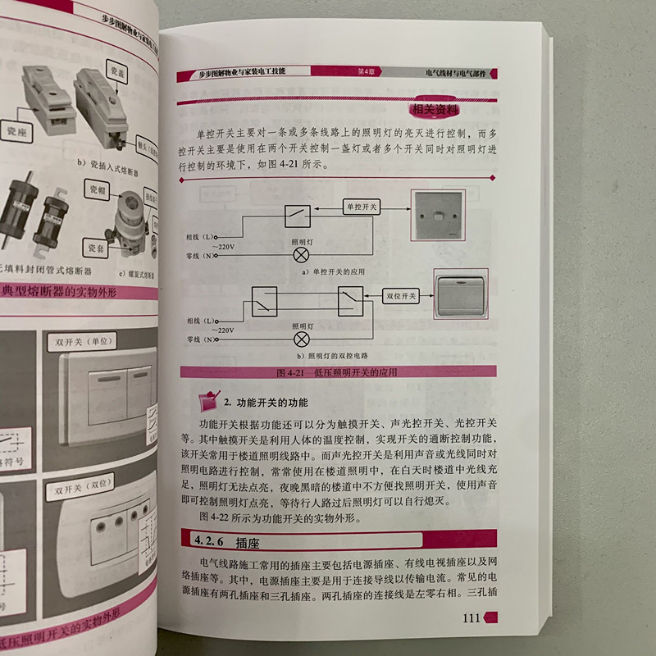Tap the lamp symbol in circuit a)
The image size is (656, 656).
tap(302, 253)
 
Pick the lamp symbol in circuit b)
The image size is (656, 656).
tap(302, 338)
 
